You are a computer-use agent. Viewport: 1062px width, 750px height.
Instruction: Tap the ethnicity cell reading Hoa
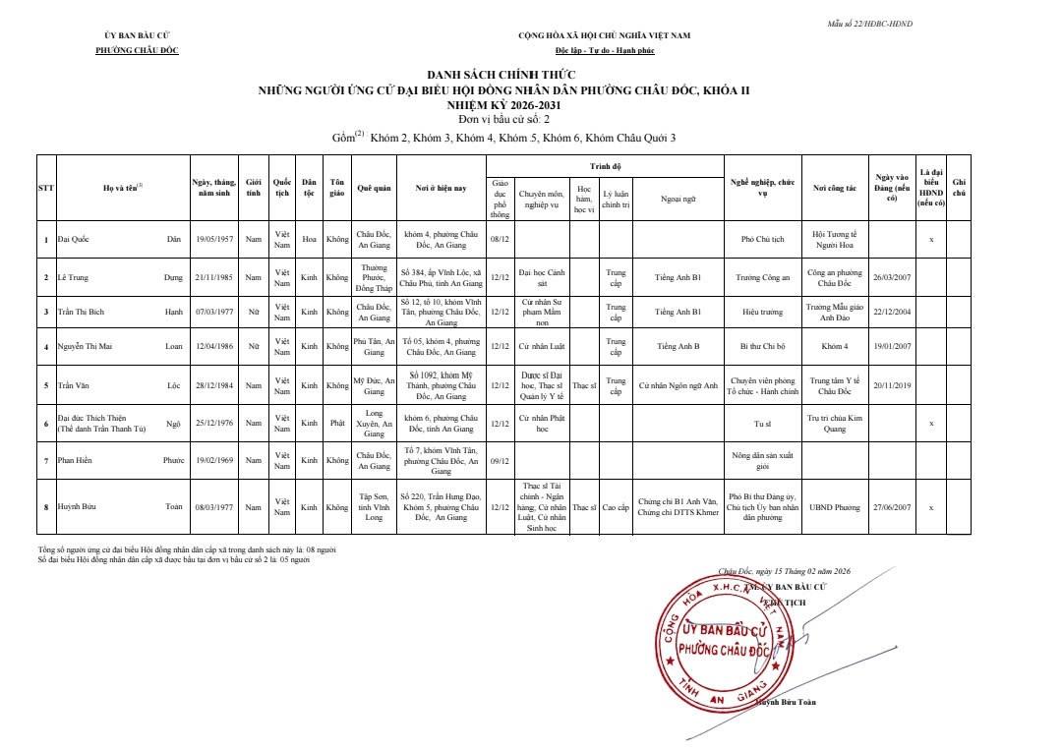pyautogui.click(x=309, y=239)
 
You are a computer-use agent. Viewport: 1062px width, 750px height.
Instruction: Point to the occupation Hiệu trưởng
pyautogui.click(x=762, y=312)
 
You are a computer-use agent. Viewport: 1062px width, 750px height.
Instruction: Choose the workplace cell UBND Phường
pyautogui.click(x=834, y=507)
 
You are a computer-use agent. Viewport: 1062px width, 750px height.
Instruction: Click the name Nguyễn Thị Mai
pyautogui.click(x=85, y=346)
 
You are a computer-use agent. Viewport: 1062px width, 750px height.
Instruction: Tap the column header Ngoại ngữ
pyautogui.click(x=678, y=199)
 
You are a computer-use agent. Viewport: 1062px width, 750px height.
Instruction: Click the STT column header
pyautogui.click(x=46, y=187)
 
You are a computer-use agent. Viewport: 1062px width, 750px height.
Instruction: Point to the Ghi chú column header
pyautogui.click(x=959, y=187)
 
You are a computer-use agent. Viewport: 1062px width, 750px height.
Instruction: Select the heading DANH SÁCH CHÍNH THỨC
pyautogui.click(x=501, y=75)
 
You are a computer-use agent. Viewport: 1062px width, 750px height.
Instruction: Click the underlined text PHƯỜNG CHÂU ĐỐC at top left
pyautogui.click(x=137, y=50)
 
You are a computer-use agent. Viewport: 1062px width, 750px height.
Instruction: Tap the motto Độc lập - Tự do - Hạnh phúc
pyautogui.click(x=604, y=50)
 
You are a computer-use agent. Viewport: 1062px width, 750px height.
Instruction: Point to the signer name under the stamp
pyautogui.click(x=785, y=702)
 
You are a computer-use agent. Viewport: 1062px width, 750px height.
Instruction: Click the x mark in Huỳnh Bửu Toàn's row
pyautogui.click(x=931, y=507)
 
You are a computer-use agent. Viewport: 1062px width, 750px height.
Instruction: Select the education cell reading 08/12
pyautogui.click(x=500, y=239)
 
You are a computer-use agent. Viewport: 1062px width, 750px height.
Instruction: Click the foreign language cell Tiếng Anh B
pyautogui.click(x=678, y=346)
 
